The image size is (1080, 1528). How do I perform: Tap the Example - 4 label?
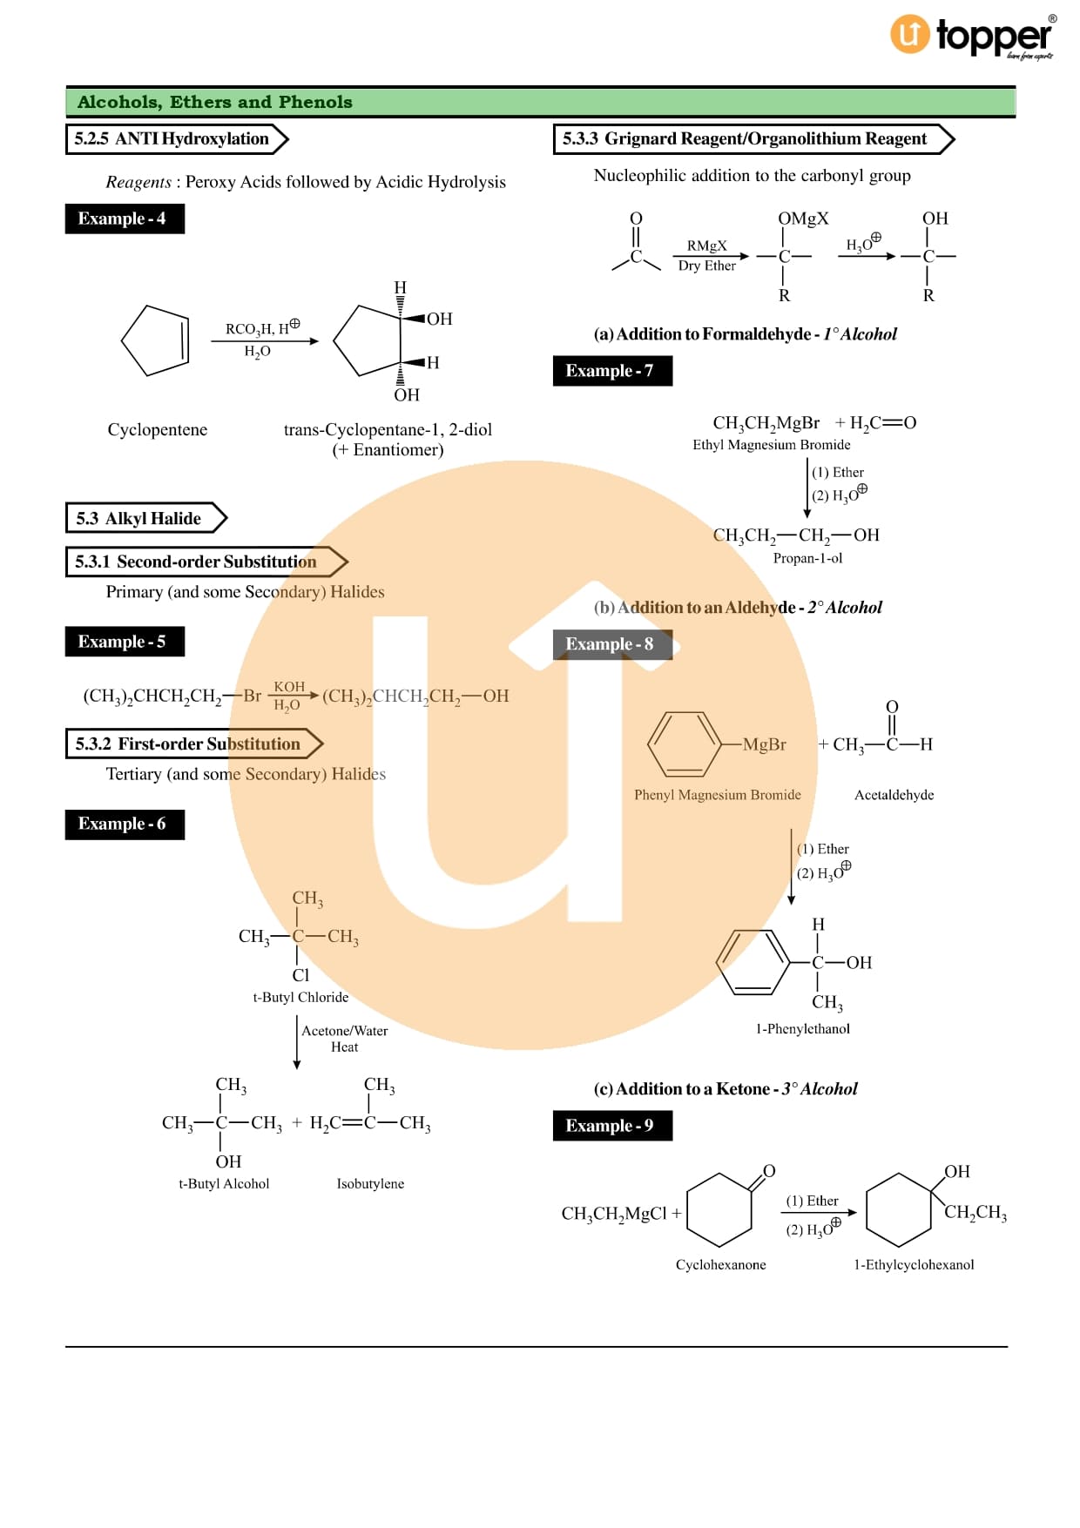coord(124,219)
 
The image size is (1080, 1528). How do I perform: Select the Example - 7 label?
coord(611,371)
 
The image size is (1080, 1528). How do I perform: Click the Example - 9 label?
coord(611,1126)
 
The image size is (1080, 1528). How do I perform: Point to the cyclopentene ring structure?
coord(155,340)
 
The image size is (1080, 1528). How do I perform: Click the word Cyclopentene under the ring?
coord(158,429)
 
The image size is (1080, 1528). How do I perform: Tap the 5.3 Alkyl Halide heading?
coord(139,518)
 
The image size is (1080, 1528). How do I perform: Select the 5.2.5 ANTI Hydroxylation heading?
coord(172,139)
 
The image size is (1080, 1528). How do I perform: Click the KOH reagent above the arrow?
coord(289,687)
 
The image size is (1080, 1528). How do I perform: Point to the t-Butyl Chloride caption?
coord(300,997)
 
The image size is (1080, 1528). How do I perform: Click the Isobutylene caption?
coord(370,1183)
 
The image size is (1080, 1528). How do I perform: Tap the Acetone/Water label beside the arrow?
coord(344,1031)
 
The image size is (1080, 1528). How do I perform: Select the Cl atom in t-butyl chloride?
coord(300,975)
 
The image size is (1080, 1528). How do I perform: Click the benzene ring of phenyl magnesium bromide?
coord(685,744)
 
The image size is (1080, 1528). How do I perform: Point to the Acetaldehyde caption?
coord(894,795)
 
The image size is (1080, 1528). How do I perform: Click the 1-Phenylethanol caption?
coord(802,1028)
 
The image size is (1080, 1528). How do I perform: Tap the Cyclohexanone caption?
coord(720,1264)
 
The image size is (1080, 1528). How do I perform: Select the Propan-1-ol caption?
coord(807,558)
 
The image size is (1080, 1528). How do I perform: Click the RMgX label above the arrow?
coord(706,246)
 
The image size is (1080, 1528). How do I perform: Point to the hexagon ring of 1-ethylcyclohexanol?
coord(899,1210)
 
